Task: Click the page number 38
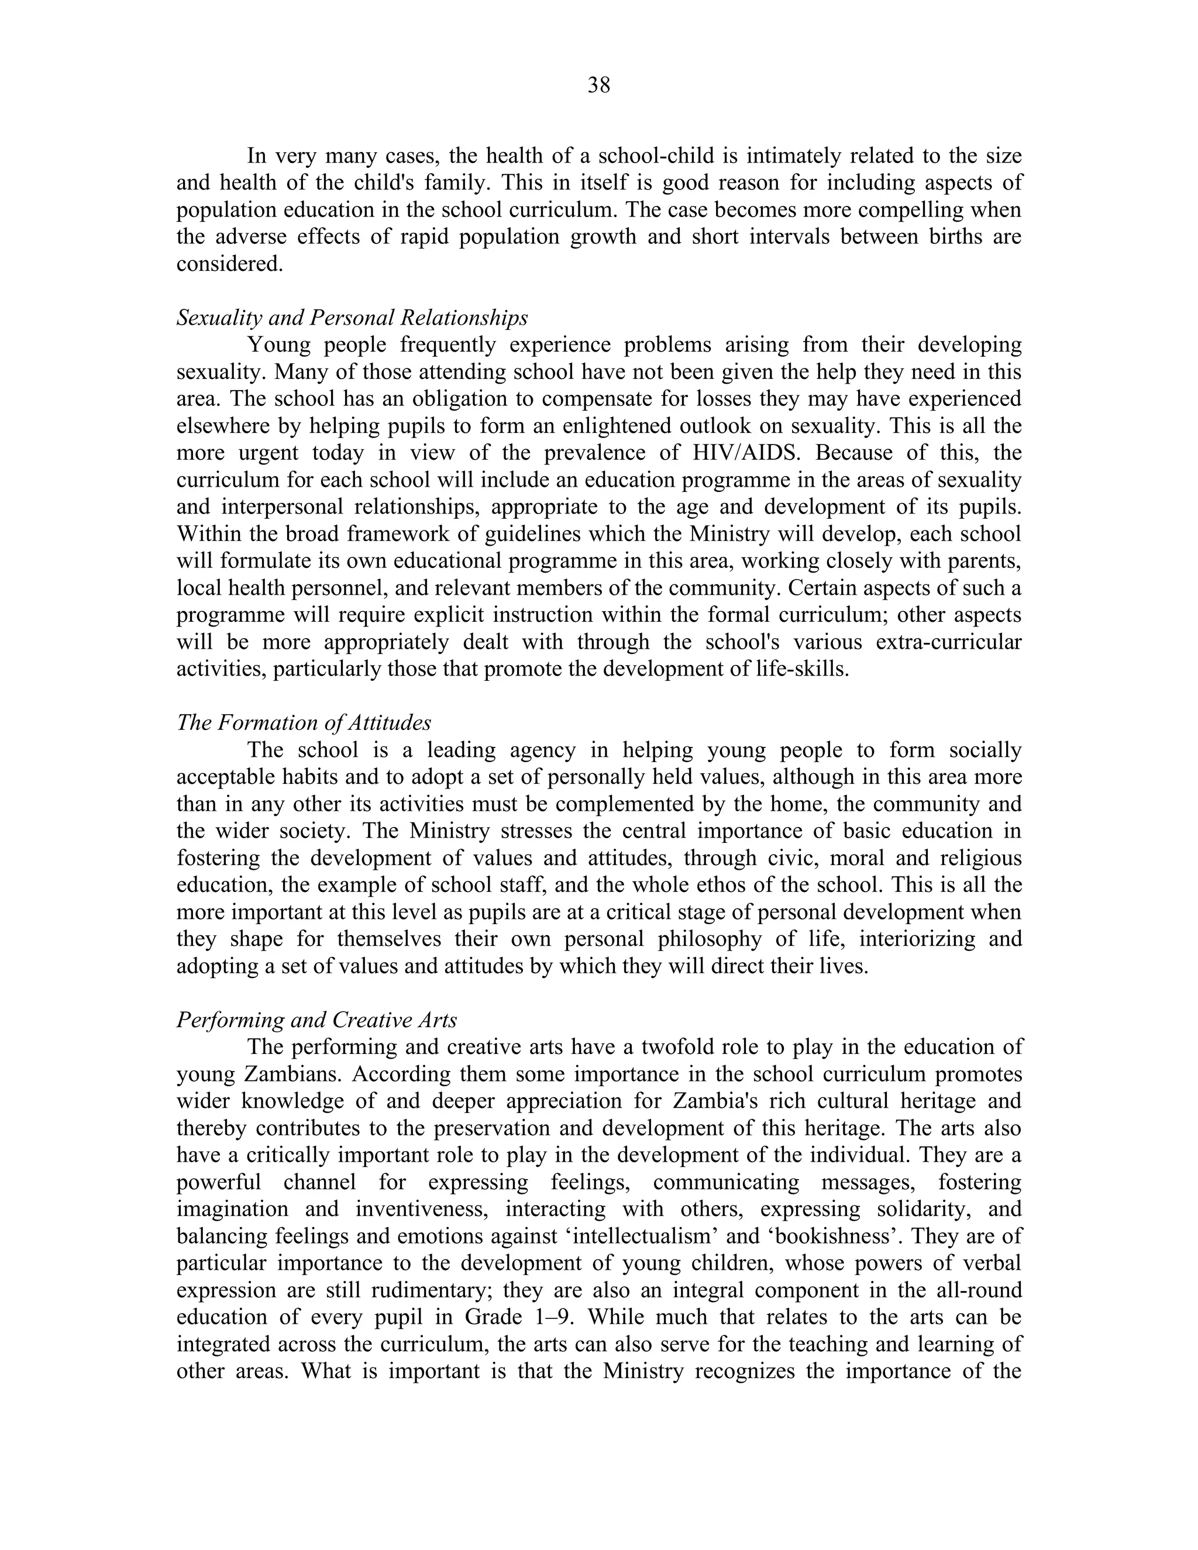click(x=599, y=85)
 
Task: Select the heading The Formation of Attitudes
click(x=304, y=722)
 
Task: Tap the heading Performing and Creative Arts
click(x=316, y=1020)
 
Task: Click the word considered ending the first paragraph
click(x=229, y=263)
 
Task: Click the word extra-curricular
click(x=949, y=642)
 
